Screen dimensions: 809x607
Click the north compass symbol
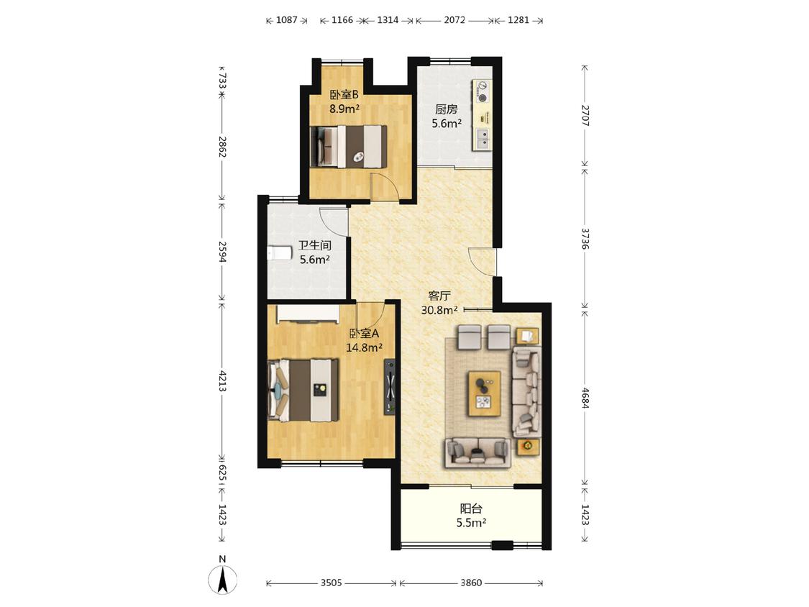222,579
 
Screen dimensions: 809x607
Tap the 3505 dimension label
332,583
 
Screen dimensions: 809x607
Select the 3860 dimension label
470,583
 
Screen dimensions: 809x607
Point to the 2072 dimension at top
454,20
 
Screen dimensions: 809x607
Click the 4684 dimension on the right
585,398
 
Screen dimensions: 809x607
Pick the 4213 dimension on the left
222,380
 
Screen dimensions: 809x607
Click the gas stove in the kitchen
482,91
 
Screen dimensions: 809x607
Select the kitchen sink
483,140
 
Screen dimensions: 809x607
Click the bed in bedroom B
348,147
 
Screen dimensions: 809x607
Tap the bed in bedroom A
303,391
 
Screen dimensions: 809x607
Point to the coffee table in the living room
484,393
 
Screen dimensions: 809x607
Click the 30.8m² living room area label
440,310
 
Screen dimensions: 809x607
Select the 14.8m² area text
365,347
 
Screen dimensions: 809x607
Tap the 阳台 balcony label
471,508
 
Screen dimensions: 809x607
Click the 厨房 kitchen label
447,109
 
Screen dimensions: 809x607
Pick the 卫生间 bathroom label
315,245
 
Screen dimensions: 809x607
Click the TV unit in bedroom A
390,386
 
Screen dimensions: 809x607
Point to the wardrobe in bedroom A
308,314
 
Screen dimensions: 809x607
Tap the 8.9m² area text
344,109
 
